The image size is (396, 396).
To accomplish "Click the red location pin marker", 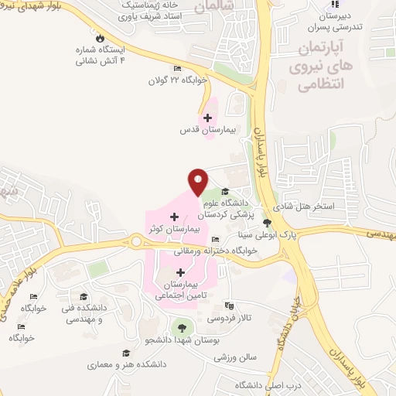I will point(198,181).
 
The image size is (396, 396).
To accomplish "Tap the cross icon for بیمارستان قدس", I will point(207,118).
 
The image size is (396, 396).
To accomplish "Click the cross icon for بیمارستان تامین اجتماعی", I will point(181,272).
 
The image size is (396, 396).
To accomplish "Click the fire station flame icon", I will point(98,38).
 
